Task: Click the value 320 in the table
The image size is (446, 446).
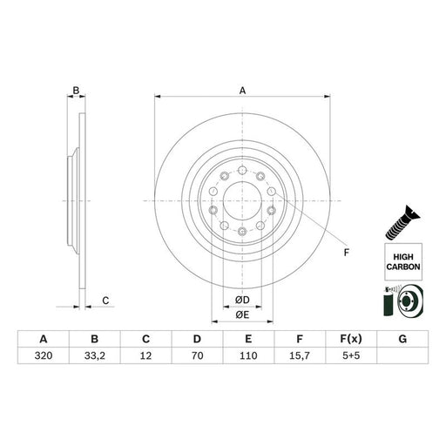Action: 44,355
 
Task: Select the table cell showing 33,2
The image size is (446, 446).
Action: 95,355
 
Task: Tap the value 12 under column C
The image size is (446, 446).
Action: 145,355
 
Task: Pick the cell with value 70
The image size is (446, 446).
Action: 197,355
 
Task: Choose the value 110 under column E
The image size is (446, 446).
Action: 248,355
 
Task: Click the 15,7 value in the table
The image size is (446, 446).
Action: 300,355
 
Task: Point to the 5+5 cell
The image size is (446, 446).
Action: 351,355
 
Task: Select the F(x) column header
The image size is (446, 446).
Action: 351,339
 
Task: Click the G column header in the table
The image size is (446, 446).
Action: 402,339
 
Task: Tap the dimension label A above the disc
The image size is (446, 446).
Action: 242,91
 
